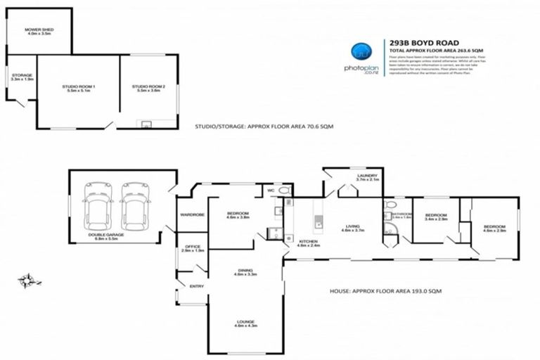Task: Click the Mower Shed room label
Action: (x=39, y=30)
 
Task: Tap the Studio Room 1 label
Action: (x=78, y=88)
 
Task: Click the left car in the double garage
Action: (x=97, y=202)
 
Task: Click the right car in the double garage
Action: (x=134, y=202)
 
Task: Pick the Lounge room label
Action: (x=246, y=324)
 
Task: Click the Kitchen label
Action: (x=307, y=243)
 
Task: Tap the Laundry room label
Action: (x=366, y=177)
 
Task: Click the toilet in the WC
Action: (x=283, y=191)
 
